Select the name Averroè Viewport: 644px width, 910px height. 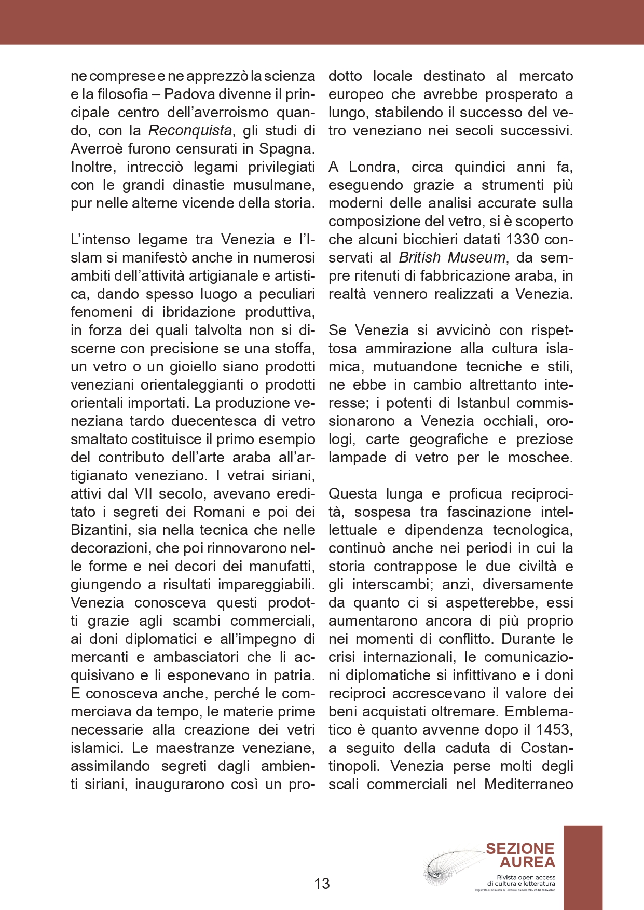[x=99, y=149]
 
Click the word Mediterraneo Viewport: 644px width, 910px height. [x=529, y=784]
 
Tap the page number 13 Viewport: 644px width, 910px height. [x=322, y=884]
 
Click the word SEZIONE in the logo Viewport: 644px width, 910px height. [x=520, y=849]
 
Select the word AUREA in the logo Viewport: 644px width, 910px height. [x=527, y=862]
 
